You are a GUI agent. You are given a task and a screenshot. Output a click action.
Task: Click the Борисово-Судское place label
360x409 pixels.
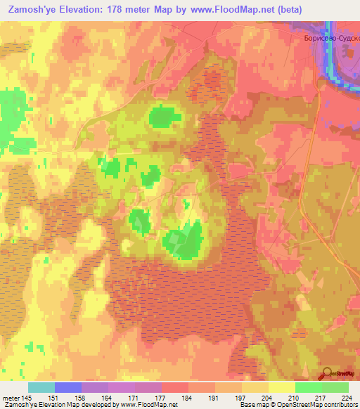(x=330, y=40)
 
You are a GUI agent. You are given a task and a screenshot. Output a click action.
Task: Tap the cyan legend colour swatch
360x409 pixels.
(x=41, y=387)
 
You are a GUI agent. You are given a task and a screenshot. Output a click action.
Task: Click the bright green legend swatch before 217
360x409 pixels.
(x=308, y=387)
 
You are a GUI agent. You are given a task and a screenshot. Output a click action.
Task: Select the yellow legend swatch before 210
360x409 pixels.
(x=281, y=387)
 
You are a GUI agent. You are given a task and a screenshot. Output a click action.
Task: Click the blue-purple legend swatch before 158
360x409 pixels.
(x=68, y=387)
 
